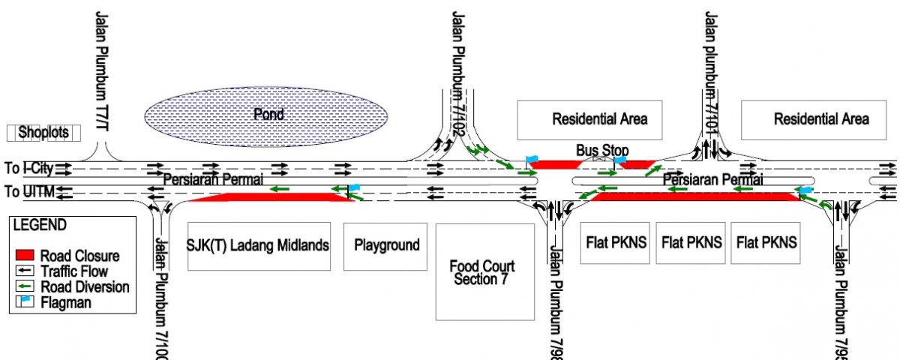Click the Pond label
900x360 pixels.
click(x=268, y=115)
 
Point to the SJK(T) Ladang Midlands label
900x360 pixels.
click(x=258, y=246)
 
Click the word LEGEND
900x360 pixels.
click(x=40, y=225)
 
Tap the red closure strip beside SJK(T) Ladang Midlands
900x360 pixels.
click(x=270, y=197)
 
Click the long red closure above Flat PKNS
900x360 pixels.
click(x=694, y=196)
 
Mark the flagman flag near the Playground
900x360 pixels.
click(x=354, y=187)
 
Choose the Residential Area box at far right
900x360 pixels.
click(x=821, y=119)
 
